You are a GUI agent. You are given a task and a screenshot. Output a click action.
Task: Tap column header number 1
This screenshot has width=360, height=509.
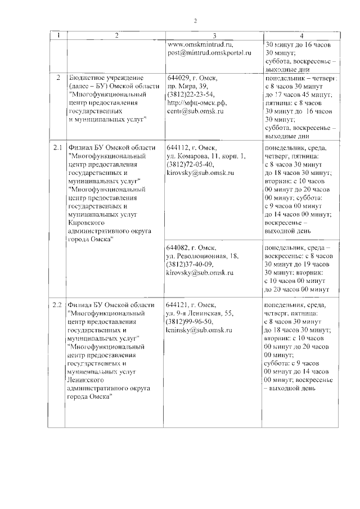click(58, 35)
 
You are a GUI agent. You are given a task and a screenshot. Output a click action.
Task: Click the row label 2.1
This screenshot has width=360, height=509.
click(57, 147)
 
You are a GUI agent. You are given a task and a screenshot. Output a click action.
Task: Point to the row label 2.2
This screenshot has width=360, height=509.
click(57, 305)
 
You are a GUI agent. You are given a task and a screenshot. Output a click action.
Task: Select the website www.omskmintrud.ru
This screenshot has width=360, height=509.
click(200, 44)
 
